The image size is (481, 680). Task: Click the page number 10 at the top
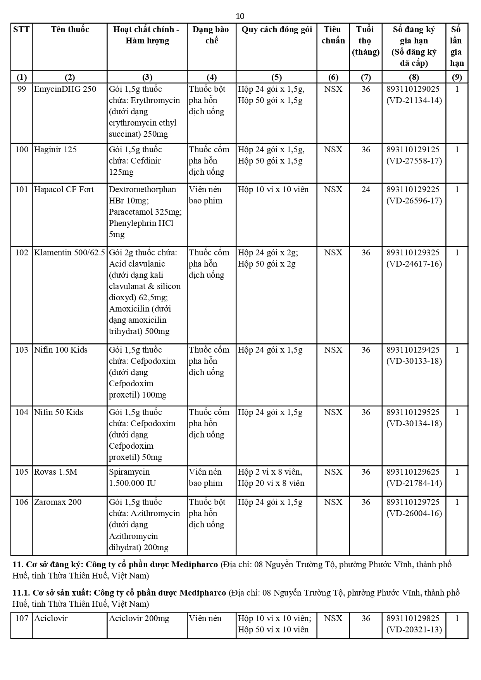(x=240, y=16)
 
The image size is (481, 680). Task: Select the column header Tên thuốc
(x=70, y=29)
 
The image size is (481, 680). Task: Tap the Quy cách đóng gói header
(x=276, y=29)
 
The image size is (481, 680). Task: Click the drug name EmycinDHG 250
(x=65, y=89)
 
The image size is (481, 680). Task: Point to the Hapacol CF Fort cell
(x=64, y=189)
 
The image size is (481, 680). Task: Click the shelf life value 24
(x=365, y=189)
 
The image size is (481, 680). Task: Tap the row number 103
(x=22, y=350)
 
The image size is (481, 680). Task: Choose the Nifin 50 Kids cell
(x=59, y=412)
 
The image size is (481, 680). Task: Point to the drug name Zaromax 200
(x=58, y=502)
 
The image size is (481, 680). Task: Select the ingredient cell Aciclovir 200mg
(x=139, y=618)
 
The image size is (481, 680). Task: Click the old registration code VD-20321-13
(x=414, y=630)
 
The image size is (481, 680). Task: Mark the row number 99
(x=22, y=89)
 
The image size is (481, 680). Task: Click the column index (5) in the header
(x=276, y=77)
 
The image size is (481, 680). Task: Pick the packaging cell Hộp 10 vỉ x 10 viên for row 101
(x=273, y=189)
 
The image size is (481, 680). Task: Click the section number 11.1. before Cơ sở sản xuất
(x=21, y=593)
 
